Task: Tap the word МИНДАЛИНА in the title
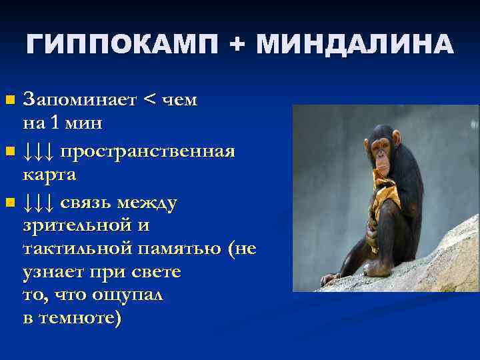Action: [x=355, y=45]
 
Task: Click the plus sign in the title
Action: [x=237, y=45]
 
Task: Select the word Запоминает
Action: [x=79, y=100]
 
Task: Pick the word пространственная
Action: [x=147, y=152]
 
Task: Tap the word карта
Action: [x=49, y=175]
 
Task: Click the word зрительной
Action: [x=77, y=225]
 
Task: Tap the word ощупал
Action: [x=124, y=295]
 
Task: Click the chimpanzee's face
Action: [x=381, y=145]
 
